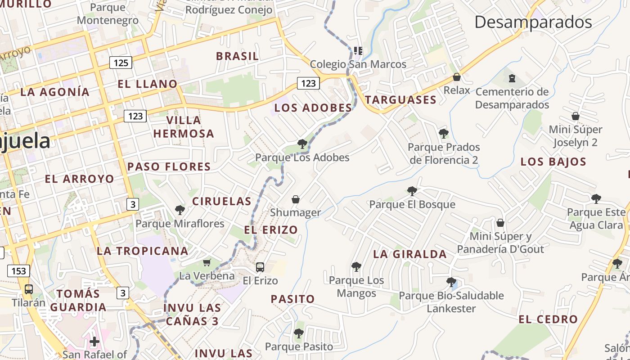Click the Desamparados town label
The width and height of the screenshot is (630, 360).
point(533,22)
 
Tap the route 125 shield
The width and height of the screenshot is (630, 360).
point(121,63)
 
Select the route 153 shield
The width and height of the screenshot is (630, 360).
point(18,271)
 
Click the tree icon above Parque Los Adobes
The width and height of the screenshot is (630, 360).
point(302,144)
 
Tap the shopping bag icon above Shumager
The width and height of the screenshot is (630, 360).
point(296,199)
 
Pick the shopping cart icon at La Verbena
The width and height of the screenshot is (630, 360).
point(207,262)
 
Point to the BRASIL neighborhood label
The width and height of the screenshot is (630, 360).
point(237,56)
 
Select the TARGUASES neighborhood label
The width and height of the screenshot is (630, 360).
point(400,100)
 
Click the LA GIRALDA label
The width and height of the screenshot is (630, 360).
point(410,254)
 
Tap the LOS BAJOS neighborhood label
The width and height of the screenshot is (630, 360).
point(553,162)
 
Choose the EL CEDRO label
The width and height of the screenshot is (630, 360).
point(548,319)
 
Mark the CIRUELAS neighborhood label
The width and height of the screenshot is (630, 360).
point(222,201)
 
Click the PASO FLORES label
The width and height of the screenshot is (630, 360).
point(169,166)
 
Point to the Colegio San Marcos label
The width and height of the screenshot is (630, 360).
point(358,64)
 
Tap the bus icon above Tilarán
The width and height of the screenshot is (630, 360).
point(29,289)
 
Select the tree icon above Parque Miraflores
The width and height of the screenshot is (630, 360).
point(180,210)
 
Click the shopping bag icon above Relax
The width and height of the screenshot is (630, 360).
point(457,77)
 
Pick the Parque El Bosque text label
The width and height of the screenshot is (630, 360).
point(412,204)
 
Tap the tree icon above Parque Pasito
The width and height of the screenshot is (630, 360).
point(298,333)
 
